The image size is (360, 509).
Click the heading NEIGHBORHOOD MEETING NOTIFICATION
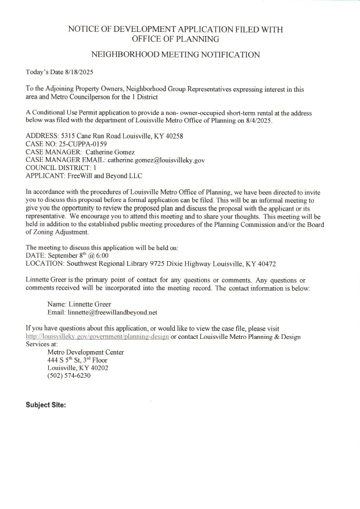click(175, 55)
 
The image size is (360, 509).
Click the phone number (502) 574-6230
click(69, 376)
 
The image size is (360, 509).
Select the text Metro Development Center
click(85, 352)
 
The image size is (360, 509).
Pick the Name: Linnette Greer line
click(79, 304)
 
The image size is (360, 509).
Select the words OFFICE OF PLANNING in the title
click(175, 39)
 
